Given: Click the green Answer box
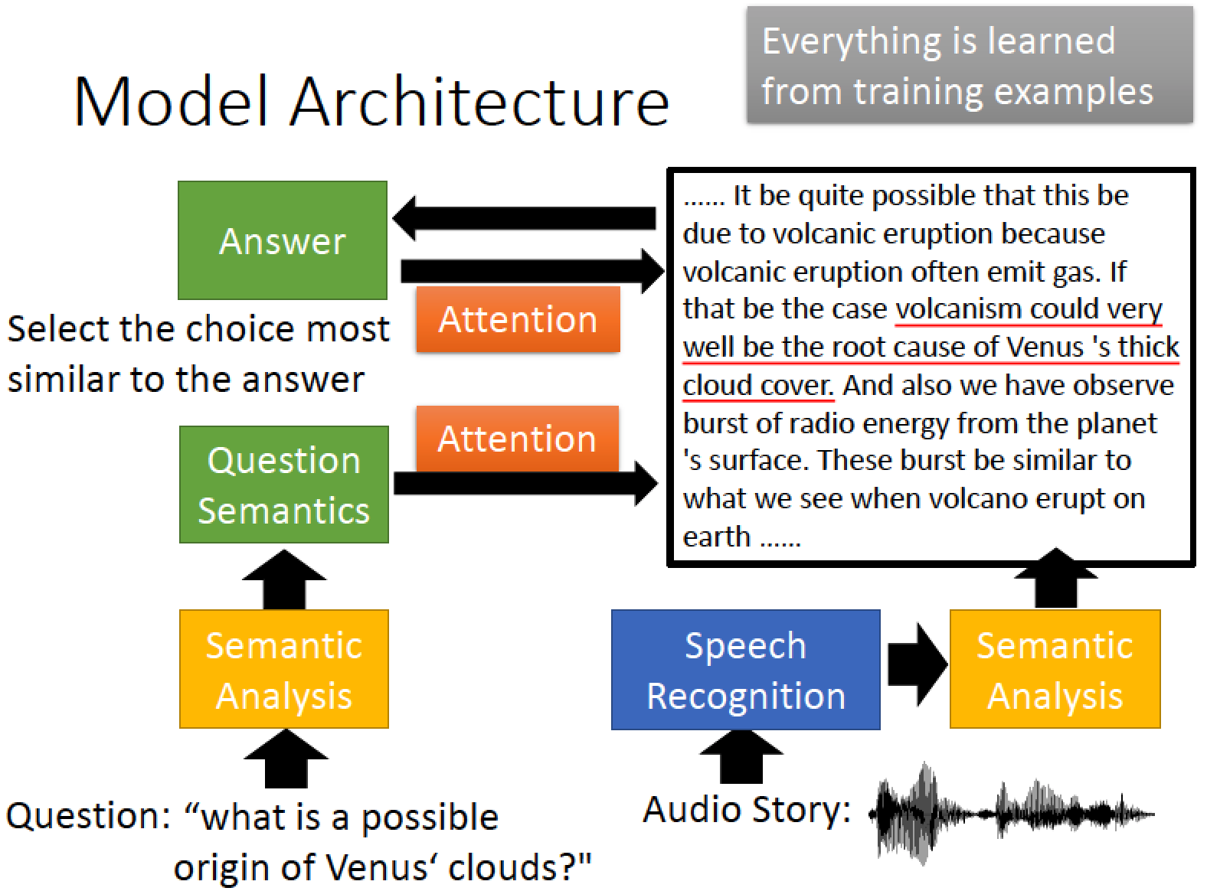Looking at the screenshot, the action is pyautogui.click(x=283, y=240).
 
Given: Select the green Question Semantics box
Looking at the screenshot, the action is pyautogui.click(x=284, y=484).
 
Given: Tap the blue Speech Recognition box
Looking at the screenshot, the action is pyautogui.click(x=745, y=670).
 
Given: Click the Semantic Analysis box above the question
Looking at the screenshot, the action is pyautogui.click(x=284, y=669).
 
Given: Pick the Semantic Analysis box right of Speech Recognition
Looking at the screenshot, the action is pyautogui.click(x=1055, y=669).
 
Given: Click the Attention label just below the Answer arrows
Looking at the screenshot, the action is pyautogui.click(x=518, y=319).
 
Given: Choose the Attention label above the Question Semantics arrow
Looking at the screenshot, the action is pyautogui.click(x=518, y=439).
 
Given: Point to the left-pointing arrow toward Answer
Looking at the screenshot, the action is pyautogui.click(x=524, y=218).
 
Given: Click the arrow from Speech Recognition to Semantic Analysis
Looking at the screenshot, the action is pyautogui.click(x=918, y=664).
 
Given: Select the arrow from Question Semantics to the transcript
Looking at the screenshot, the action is pyautogui.click(x=525, y=483).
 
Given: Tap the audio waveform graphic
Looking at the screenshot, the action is pyautogui.click(x=1011, y=813).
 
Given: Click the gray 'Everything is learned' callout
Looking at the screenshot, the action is pyautogui.click(x=970, y=65).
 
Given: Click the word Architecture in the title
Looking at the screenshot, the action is pyautogui.click(x=479, y=102).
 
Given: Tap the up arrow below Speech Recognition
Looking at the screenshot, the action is pyautogui.click(x=741, y=756).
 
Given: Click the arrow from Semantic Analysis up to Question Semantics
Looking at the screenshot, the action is pyautogui.click(x=284, y=579).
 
